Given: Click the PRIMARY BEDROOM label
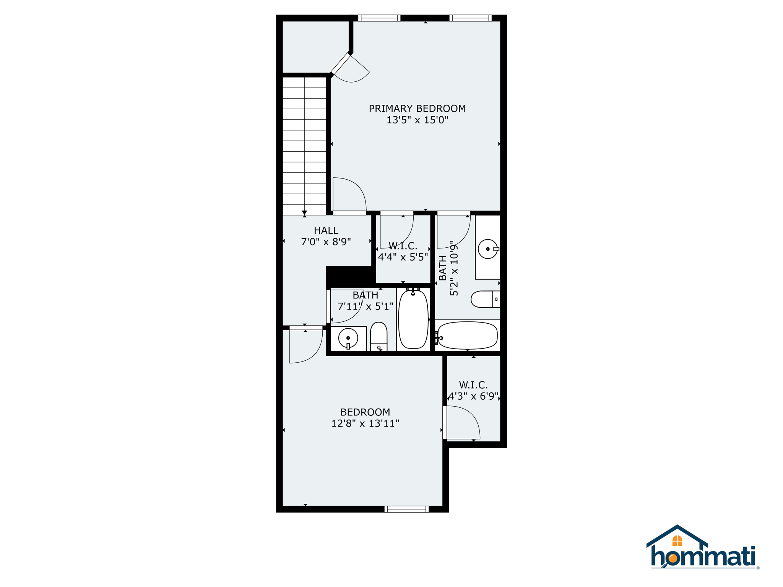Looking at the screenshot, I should pyautogui.click(x=417, y=109).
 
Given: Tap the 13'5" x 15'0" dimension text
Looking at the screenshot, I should pyautogui.click(x=417, y=120).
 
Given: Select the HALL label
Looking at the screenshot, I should pyautogui.click(x=326, y=230).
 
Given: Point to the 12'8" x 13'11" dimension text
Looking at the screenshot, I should pyautogui.click(x=365, y=423).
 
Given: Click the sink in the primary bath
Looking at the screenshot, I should pyautogui.click(x=488, y=249).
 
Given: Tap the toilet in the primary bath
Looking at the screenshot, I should pyautogui.click(x=485, y=299).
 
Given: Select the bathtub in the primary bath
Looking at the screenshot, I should pyautogui.click(x=467, y=335).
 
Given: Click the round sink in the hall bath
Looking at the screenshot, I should pyautogui.click(x=348, y=338).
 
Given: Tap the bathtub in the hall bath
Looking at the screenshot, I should pyautogui.click(x=413, y=319).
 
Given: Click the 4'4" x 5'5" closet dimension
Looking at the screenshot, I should pyautogui.click(x=403, y=257).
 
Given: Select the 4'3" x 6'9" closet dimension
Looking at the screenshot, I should pyautogui.click(x=473, y=396).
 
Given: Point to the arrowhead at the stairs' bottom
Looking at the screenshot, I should pyautogui.click(x=304, y=212).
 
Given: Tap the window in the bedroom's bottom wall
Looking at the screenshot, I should pyautogui.click(x=406, y=509).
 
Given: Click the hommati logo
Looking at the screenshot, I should pyautogui.click(x=703, y=549).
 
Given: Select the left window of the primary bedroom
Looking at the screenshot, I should pyautogui.click(x=379, y=18).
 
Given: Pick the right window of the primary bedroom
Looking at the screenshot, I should pyautogui.click(x=470, y=18).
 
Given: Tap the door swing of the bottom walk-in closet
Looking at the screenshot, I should pyautogui.click(x=463, y=423).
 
